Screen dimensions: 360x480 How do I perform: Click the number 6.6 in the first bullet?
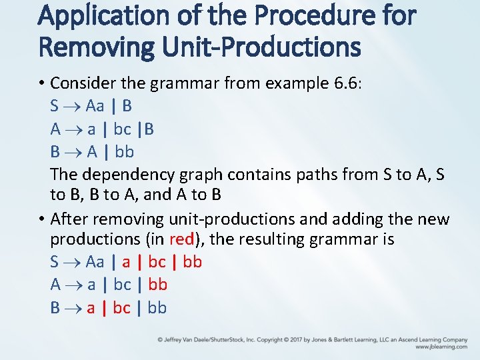[345, 83]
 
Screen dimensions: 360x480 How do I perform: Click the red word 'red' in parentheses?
[182, 239]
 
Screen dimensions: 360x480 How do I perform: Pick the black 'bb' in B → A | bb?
[125, 152]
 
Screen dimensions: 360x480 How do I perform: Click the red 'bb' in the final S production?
[192, 262]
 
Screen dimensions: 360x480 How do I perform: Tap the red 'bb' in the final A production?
[157, 285]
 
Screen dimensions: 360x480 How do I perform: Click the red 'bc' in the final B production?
[122, 308]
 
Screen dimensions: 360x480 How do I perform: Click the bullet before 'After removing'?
[41, 219]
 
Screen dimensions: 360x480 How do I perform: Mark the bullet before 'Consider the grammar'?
[41, 83]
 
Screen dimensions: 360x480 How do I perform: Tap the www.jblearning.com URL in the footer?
[441, 347]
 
